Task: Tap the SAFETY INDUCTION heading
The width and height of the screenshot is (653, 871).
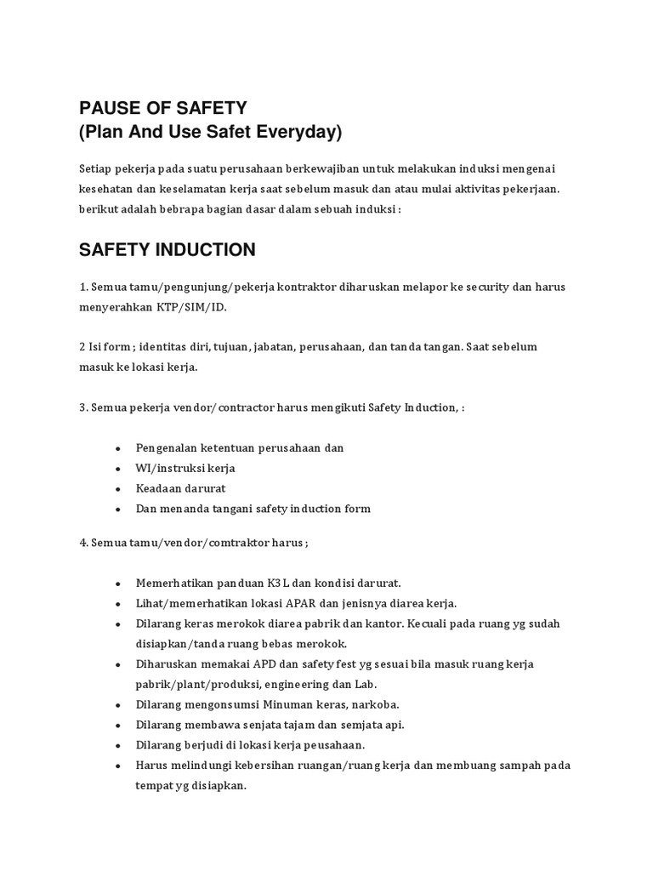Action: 167,250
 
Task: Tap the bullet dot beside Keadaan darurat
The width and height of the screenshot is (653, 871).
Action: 116,489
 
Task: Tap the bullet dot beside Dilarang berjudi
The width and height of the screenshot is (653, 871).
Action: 116,745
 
